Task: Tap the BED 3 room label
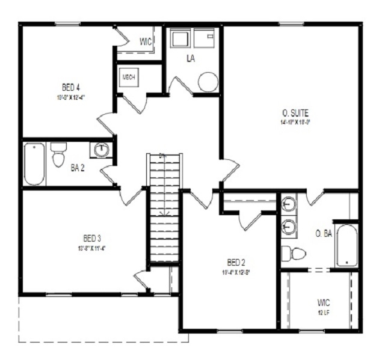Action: click(87, 239)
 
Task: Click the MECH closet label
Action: click(129, 78)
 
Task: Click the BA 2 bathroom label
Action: click(78, 168)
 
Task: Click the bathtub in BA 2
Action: click(34, 163)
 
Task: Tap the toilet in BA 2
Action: click(58, 155)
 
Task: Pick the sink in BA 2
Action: click(102, 150)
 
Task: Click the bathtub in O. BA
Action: click(346, 246)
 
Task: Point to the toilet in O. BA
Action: click(294, 254)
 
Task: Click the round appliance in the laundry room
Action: click(208, 82)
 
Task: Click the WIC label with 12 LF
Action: click(323, 302)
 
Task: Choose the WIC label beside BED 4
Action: click(146, 41)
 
